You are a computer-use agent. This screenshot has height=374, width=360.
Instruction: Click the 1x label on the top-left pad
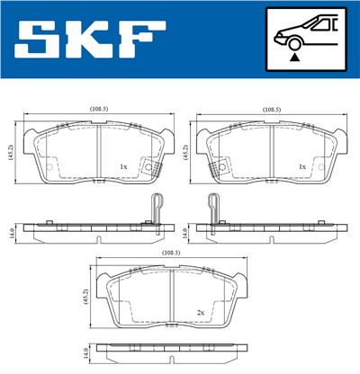pyautogui.click(x=123, y=165)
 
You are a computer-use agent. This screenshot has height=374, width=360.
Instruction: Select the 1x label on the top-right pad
pyautogui.click(x=302, y=165)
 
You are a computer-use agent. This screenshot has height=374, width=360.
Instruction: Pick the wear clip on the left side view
pyautogui.click(x=156, y=208)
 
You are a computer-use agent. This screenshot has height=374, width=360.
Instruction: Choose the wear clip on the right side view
pyautogui.click(x=213, y=208)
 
